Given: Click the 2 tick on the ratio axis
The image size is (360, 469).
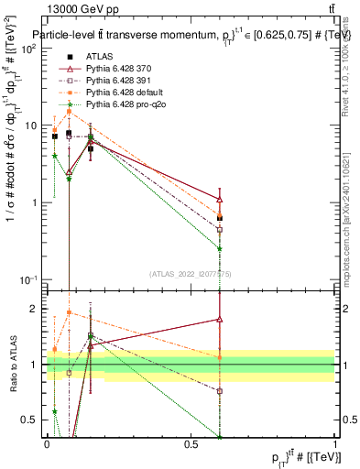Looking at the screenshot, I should click(x=36, y=309).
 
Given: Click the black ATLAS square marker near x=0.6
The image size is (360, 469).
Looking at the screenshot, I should click(x=219, y=218).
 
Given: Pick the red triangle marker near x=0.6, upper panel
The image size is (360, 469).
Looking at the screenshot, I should click(x=219, y=199).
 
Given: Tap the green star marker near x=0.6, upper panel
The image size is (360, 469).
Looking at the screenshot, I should click(x=219, y=248).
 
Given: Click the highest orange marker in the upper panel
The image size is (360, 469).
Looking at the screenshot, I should click(x=69, y=112).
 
